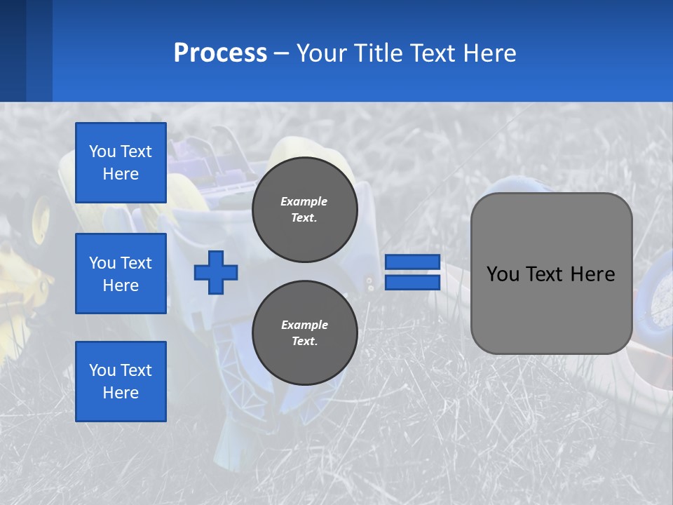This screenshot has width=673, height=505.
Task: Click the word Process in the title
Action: point(220,53)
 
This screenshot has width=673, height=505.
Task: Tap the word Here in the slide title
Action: point(489,53)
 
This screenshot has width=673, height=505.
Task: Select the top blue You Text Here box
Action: point(121,163)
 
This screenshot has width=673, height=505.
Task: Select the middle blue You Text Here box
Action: point(121,274)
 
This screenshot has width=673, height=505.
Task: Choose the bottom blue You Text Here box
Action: point(121,382)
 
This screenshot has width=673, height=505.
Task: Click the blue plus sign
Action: point(216,272)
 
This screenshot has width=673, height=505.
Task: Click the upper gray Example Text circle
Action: point(305,209)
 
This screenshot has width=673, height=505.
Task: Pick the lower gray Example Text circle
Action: point(305,332)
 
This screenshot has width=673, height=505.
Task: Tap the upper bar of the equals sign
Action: point(413,262)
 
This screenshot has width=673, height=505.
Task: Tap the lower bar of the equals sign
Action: point(413,282)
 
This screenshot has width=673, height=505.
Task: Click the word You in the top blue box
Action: point(102,151)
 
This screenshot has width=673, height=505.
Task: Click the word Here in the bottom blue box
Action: point(121,393)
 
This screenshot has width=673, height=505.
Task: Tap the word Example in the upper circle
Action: point(304,201)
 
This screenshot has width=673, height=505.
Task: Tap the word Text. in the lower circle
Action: point(304,342)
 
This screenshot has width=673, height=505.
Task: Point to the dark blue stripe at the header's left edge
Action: point(13,50)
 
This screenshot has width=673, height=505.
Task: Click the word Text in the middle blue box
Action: point(136,263)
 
